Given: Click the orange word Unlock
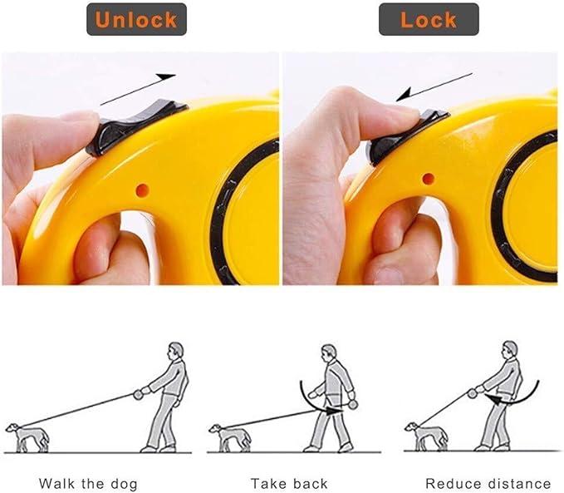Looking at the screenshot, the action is [x=136, y=19].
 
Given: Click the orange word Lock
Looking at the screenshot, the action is [x=429, y=19].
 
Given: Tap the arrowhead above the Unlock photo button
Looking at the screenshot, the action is [x=165, y=77].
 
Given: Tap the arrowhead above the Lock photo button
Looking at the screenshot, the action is [x=404, y=94].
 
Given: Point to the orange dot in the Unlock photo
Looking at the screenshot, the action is [x=142, y=190].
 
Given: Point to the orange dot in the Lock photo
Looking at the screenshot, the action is [x=428, y=179].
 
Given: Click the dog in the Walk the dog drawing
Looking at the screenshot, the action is [x=27, y=436].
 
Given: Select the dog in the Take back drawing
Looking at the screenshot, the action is [x=230, y=436].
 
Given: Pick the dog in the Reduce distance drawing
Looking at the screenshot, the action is [x=427, y=436].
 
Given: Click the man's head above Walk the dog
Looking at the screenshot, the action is [x=176, y=350].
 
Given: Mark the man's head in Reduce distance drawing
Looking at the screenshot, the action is [x=510, y=349].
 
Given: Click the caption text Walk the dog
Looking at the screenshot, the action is [x=88, y=484].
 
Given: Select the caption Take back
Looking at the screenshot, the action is [x=289, y=483].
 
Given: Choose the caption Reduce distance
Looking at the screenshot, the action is [x=488, y=483].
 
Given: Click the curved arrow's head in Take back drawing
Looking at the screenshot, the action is [x=333, y=410].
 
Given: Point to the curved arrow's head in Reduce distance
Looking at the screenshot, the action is [x=493, y=399].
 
